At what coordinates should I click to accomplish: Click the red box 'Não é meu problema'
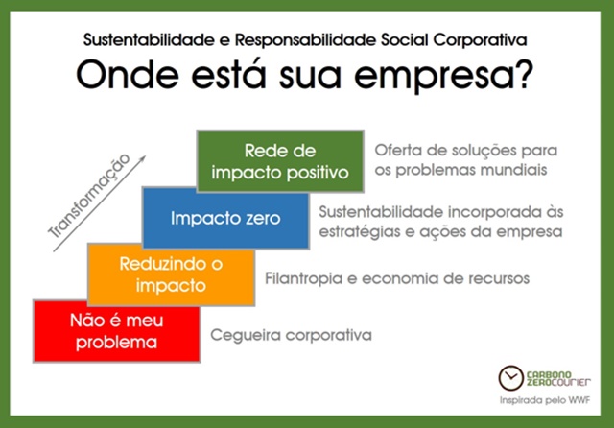coord(117,331)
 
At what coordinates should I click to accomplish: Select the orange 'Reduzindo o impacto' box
coord(172,274)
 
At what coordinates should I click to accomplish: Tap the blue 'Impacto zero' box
coord(225,218)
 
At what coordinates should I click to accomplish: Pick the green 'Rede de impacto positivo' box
coord(280,161)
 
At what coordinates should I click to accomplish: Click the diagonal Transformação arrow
coord(100,203)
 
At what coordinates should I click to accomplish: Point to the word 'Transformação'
coord(89,196)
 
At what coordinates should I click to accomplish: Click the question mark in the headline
coord(522,74)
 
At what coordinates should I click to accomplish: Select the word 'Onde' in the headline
coord(128,74)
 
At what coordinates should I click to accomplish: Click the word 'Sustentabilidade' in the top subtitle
coord(149,40)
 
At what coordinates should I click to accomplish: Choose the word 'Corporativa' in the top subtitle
coord(480,40)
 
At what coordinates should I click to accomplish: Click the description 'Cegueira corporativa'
coord(291,335)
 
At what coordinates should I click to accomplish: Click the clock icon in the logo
coord(510,378)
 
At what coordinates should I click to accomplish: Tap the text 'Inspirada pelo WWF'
coord(545,400)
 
